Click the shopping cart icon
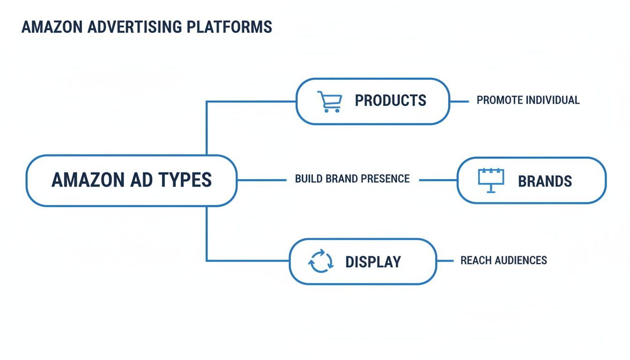coord(329,101)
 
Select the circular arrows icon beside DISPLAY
coord(321,261)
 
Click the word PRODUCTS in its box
coord(390,100)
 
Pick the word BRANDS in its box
coord(545,181)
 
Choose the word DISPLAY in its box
coord(373,262)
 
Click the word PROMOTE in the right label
coord(500,100)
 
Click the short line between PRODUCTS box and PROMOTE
coord(459,101)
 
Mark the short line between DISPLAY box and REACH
coord(445,261)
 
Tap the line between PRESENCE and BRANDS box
coord(438,180)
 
